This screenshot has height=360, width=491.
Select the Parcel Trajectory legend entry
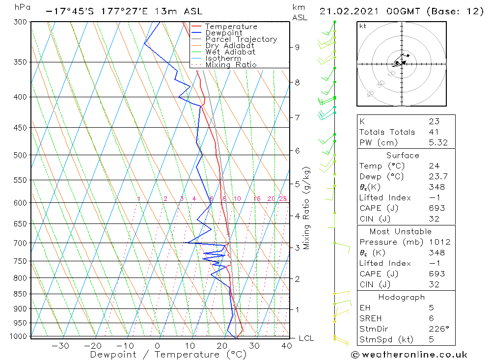(x=241, y=39)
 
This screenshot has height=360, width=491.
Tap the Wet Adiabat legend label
(x=230, y=52)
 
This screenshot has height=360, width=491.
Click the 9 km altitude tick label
(x=297, y=47)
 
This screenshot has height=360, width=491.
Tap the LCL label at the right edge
(x=306, y=338)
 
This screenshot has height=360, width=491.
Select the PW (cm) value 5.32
(x=437, y=142)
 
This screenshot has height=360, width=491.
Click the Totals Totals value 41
(x=433, y=132)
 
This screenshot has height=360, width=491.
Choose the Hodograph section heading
(x=401, y=297)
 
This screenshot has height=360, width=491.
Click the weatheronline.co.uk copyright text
(x=409, y=355)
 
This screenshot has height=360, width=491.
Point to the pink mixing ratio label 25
(x=283, y=199)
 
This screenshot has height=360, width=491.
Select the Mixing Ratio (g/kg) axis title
(x=307, y=208)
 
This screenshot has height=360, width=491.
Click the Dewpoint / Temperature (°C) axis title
(x=168, y=355)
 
